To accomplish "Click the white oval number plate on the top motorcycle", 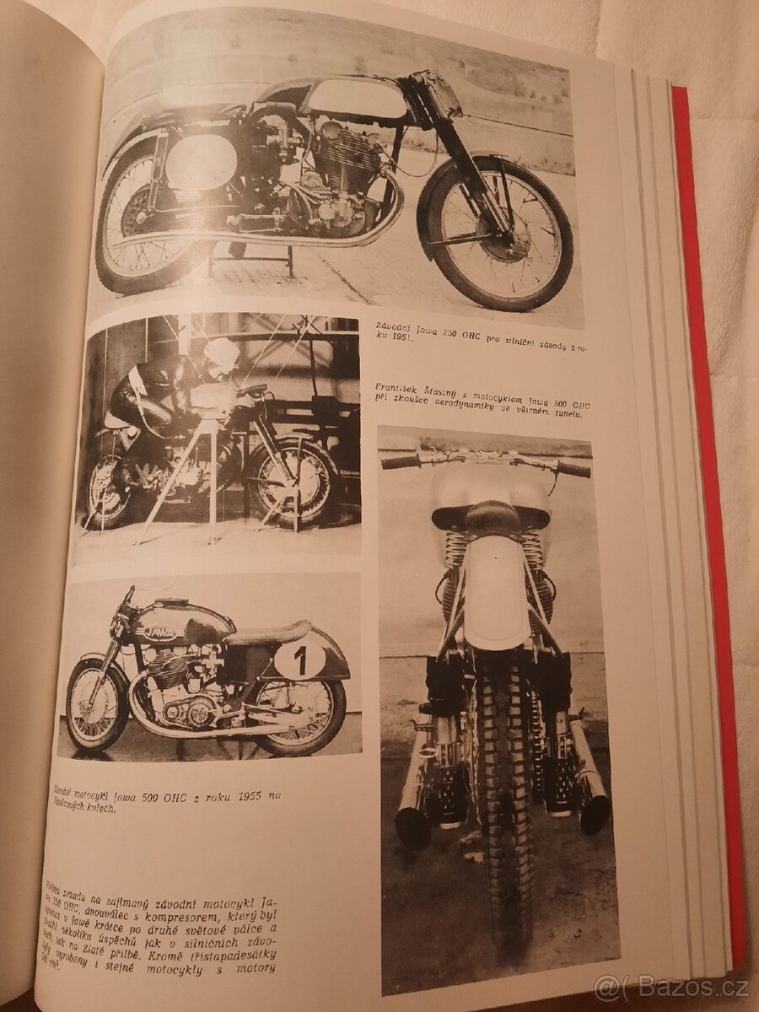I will pyautogui.click(x=201, y=162).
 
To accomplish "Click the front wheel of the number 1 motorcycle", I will pyautogui.click(x=98, y=704).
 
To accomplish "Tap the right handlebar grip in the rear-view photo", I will pyautogui.click(x=573, y=469).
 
